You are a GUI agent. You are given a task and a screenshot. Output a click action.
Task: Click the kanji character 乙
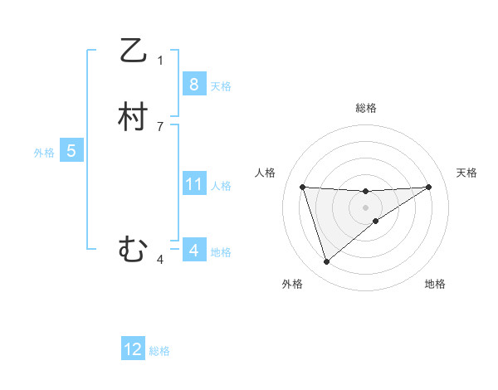click(133, 51)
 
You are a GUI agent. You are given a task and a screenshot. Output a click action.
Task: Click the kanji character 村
click(133, 117)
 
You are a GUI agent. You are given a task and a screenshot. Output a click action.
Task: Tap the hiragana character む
click(133, 248)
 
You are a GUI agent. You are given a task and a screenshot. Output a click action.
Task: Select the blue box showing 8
click(193, 85)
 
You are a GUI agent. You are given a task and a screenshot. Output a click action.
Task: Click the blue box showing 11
click(193, 184)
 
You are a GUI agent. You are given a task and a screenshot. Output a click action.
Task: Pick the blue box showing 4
click(193, 250)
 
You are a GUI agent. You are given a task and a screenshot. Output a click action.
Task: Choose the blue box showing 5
click(71, 151)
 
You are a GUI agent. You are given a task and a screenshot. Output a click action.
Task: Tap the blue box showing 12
click(133, 349)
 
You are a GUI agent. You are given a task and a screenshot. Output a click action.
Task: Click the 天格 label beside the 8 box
click(221, 86)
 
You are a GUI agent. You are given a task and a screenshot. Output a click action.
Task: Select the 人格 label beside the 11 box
click(221, 186)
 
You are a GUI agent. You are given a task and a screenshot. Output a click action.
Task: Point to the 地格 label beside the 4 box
click(221, 251)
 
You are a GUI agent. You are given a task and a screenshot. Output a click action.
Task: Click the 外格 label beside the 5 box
click(44, 153)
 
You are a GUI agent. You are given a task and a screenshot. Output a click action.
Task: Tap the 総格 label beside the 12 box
click(159, 351)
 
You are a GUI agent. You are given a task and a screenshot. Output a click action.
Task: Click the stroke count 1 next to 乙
click(160, 61)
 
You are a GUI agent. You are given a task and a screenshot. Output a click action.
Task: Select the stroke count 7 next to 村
click(160, 126)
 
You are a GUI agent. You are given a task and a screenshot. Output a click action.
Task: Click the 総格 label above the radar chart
click(366, 108)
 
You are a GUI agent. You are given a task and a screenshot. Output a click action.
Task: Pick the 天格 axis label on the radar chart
click(466, 173)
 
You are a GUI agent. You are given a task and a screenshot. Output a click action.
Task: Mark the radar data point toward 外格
click(327, 262)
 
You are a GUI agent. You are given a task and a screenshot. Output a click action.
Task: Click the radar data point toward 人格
click(303, 187)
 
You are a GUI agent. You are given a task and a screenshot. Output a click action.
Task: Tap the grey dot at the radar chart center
click(366, 207)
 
